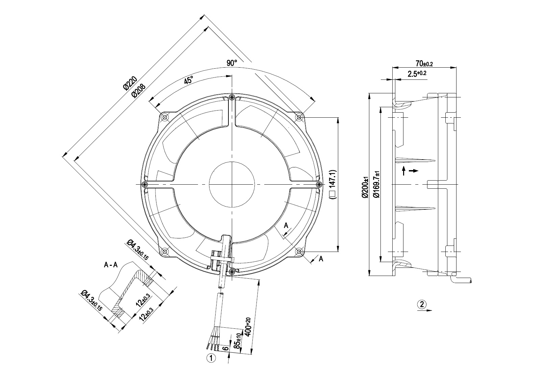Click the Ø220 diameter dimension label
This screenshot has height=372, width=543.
tap(130, 84)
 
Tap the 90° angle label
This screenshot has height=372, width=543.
tap(232, 63)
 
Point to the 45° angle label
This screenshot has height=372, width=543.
tap(189, 80)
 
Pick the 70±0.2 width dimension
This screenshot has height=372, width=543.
tap(424, 64)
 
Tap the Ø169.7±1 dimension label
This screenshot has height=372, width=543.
tap(376, 184)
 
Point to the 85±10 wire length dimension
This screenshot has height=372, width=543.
tap(238, 341)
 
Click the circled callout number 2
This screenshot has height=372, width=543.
tap(421, 304)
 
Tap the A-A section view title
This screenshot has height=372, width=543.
tap(110, 265)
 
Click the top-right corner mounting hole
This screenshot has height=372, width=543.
tap(299, 117)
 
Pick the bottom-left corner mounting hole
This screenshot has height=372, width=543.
tap(165, 252)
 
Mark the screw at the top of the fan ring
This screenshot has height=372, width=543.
tap(232, 98)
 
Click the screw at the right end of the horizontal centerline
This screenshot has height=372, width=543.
tap(319, 184)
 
